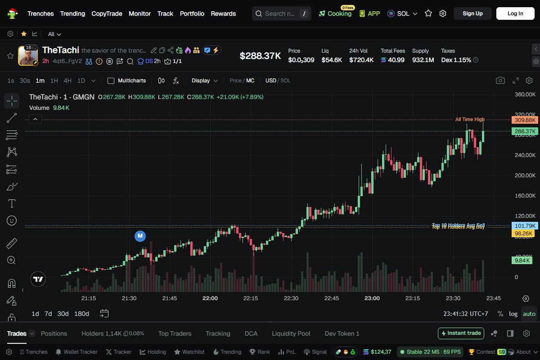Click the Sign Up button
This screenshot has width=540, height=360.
pyautogui.click(x=472, y=13)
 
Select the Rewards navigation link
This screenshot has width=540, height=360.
pyautogui.click(x=223, y=13)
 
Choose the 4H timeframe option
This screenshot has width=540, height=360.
pyautogui.click(x=67, y=81)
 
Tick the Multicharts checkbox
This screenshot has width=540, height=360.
pyautogui.click(x=111, y=81)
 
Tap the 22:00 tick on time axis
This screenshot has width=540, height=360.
pyautogui.click(x=210, y=298)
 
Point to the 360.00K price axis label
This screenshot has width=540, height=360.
pyautogui.click(x=525, y=94)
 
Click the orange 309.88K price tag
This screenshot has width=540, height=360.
pyautogui.click(x=525, y=120)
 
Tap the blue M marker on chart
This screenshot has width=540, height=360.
pyautogui.click(x=140, y=236)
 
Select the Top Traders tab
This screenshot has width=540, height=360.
pyautogui.click(x=175, y=333)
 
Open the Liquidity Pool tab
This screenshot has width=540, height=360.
pyautogui.click(x=291, y=333)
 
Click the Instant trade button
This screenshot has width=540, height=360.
pyautogui.click(x=461, y=333)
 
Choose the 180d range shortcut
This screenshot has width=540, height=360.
pyautogui.click(x=81, y=314)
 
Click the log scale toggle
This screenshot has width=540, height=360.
pyautogui.click(x=513, y=314)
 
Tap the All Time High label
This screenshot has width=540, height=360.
pyautogui.click(x=470, y=119)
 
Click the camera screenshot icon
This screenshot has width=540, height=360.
pyautogui.click(x=500, y=81)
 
